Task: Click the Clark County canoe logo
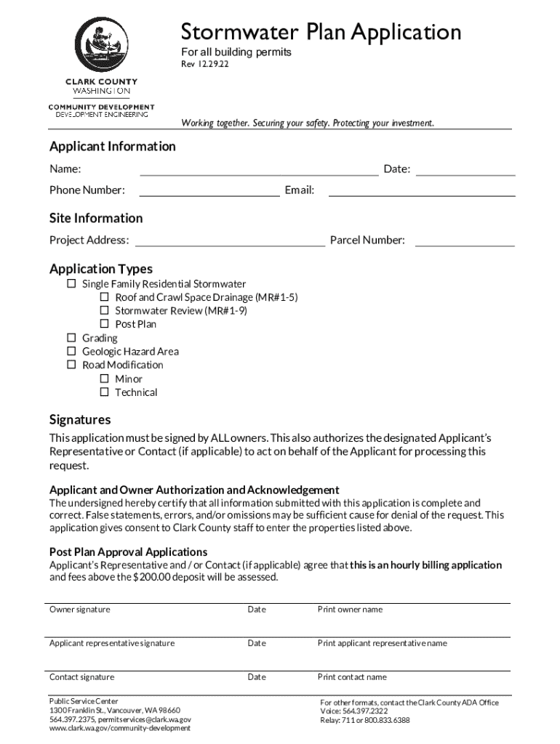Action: pyautogui.click(x=101, y=45)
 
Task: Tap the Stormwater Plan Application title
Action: pyautogui.click(x=321, y=33)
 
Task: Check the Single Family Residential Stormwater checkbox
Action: pyautogui.click(x=71, y=283)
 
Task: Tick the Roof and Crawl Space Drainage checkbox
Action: pyautogui.click(x=104, y=297)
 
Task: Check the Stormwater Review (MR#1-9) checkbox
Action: pyautogui.click(x=104, y=311)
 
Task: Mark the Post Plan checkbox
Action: pyautogui.click(x=104, y=324)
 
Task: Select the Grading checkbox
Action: pyautogui.click(x=71, y=338)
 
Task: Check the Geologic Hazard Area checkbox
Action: pyautogui.click(x=71, y=351)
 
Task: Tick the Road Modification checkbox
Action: pyautogui.click(x=71, y=365)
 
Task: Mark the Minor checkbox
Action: pyautogui.click(x=104, y=379)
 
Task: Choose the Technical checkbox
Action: pyautogui.click(x=104, y=392)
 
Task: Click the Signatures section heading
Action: pyautogui.click(x=80, y=420)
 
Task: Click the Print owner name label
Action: pyautogui.click(x=350, y=610)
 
